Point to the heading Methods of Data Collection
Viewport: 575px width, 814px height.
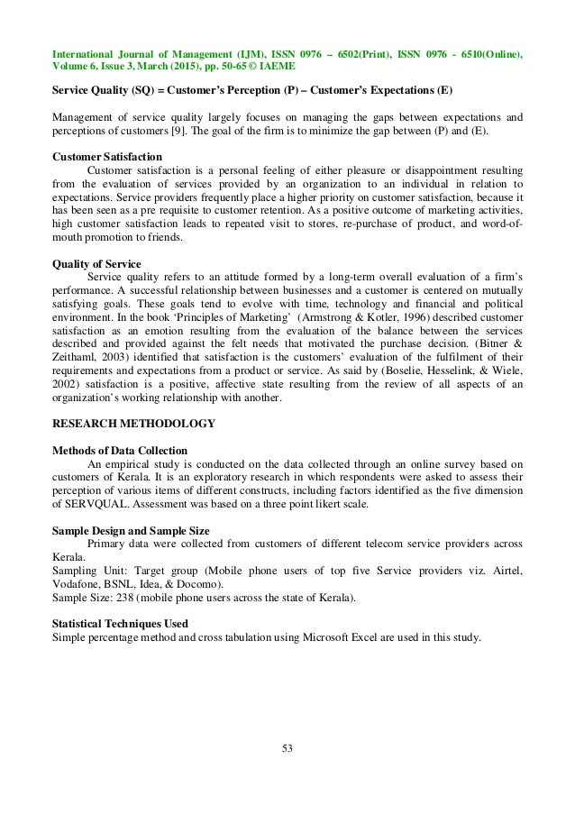[x=120, y=449]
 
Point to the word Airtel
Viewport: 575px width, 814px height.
[x=505, y=571]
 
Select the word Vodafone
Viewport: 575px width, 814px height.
[x=76, y=584]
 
